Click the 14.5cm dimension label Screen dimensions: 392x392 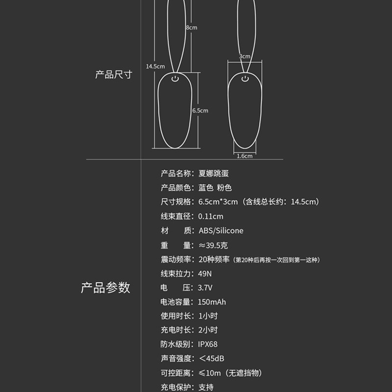[x=155, y=66]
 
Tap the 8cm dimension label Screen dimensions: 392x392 [x=192, y=27]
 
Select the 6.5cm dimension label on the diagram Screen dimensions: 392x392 [x=200, y=111]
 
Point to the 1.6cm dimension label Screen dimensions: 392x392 [x=244, y=156]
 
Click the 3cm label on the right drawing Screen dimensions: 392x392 [x=245, y=56]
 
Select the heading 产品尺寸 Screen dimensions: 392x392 [x=114, y=75]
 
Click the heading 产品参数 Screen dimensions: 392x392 [x=105, y=288]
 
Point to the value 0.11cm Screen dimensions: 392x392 [x=211, y=216]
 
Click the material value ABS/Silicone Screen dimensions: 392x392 [x=220, y=231]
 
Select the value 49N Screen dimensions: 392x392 [x=205, y=273]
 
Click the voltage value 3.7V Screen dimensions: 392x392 [x=205, y=288]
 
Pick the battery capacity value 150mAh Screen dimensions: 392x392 [x=212, y=302]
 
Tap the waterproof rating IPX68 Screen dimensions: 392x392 [x=208, y=344]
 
